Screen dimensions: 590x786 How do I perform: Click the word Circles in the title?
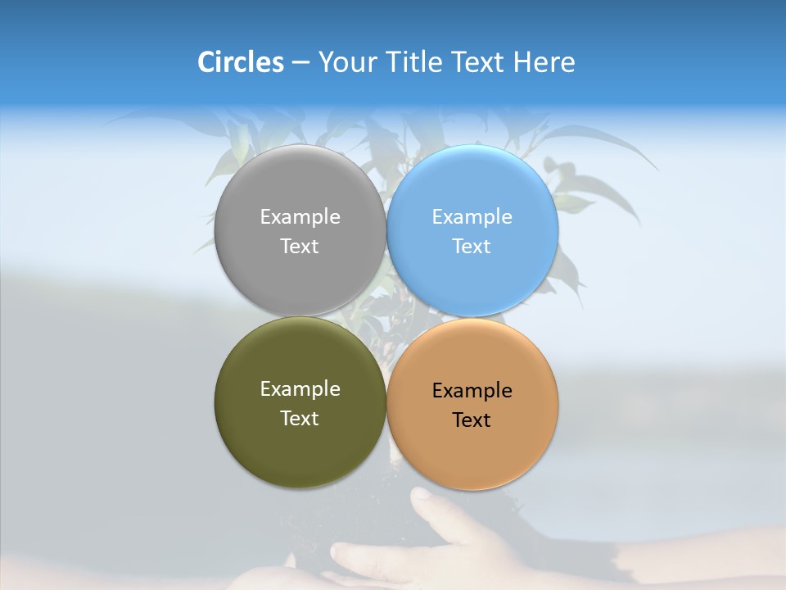pyautogui.click(x=240, y=62)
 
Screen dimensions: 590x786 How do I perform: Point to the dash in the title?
pyautogui.click(x=300, y=63)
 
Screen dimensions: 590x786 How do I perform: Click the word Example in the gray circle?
pyautogui.click(x=300, y=217)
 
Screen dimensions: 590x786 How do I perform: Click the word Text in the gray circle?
pyautogui.click(x=300, y=247)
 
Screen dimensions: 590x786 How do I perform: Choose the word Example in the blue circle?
pyautogui.click(x=472, y=217)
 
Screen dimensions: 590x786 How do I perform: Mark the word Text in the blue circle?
pyautogui.click(x=472, y=247)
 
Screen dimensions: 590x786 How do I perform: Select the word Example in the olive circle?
pyautogui.click(x=300, y=389)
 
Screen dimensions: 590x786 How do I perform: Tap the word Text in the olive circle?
pyautogui.click(x=300, y=419)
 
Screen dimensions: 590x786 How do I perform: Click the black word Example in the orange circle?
pyautogui.click(x=472, y=391)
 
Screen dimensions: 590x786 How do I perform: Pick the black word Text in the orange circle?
pyautogui.click(x=472, y=420)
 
